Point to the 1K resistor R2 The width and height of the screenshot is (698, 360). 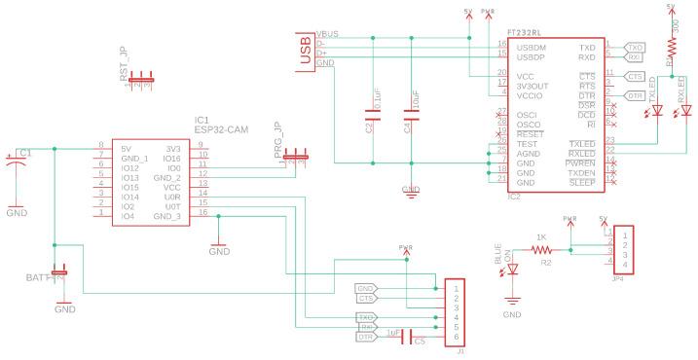click(x=541, y=249)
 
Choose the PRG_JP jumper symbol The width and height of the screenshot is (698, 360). click(x=293, y=154)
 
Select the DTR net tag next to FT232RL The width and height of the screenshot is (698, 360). click(x=634, y=95)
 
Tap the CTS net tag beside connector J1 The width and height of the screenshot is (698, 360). click(x=367, y=299)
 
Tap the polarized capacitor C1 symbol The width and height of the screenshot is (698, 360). click(x=18, y=164)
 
